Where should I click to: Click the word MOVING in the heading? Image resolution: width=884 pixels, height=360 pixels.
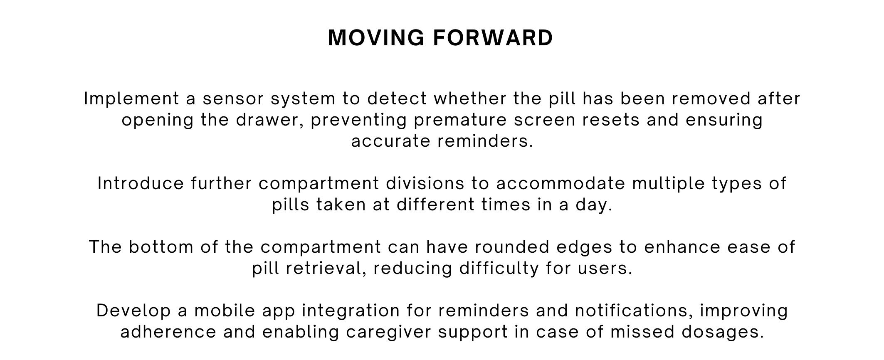click(x=376, y=38)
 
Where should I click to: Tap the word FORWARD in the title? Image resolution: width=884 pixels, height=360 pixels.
click(x=493, y=38)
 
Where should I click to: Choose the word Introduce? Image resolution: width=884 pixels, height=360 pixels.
click(x=141, y=184)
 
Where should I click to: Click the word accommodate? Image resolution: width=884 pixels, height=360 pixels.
click(x=561, y=184)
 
